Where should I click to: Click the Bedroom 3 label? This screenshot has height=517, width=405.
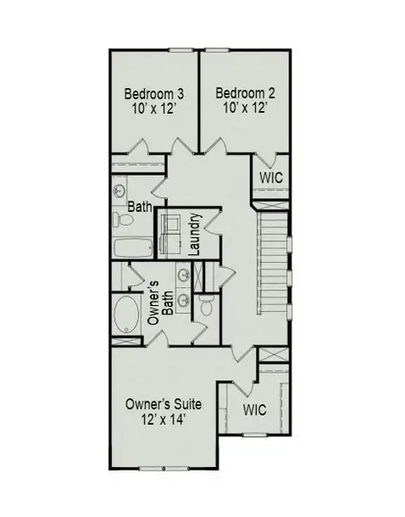(x=156, y=93)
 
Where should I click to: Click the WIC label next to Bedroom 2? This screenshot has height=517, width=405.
(x=271, y=177)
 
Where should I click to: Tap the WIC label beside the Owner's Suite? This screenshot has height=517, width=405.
(x=256, y=410)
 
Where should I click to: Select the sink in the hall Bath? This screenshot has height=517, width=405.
(x=120, y=190)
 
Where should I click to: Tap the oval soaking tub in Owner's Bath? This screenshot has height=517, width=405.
(x=127, y=316)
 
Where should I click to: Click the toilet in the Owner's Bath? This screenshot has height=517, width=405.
(x=206, y=306)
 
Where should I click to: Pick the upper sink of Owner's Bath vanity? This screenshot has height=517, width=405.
(x=184, y=276)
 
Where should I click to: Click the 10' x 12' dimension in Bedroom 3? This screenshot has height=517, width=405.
(x=156, y=109)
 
